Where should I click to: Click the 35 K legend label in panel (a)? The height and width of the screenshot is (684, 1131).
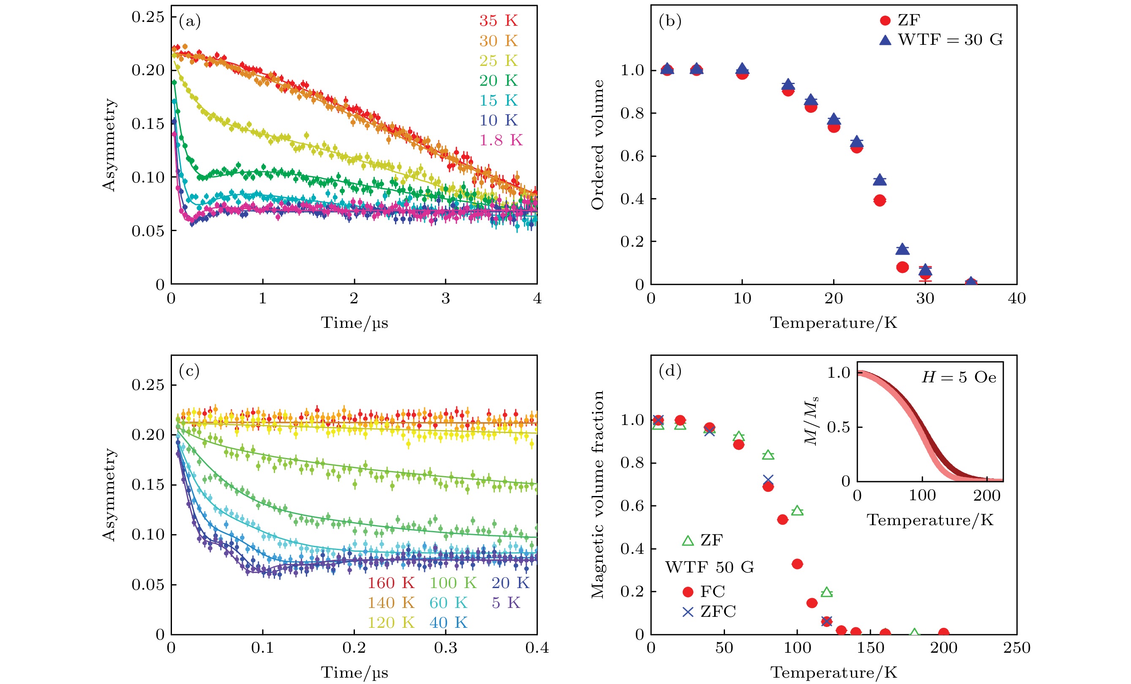(499, 21)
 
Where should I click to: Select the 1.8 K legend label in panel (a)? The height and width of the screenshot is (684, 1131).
(501, 140)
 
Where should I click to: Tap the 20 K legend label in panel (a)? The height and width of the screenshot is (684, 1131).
(499, 80)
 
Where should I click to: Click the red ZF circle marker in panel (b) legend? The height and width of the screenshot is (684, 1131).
(885, 21)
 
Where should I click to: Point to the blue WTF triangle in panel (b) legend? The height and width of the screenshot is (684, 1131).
(885, 40)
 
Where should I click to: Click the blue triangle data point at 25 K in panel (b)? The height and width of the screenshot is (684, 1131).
(880, 180)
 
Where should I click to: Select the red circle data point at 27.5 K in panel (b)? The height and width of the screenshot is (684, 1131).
(902, 267)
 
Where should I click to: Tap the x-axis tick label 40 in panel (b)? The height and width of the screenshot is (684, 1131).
(1017, 298)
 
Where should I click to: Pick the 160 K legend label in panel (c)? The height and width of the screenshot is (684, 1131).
(391, 583)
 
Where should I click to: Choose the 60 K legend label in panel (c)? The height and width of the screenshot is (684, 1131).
(448, 603)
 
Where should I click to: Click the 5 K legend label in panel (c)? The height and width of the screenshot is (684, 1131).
(506, 603)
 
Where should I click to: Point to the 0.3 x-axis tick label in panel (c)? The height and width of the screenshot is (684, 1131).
(445, 648)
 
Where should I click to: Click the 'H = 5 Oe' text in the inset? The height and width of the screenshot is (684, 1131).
(959, 377)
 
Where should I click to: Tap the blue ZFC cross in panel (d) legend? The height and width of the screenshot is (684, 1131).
(687, 612)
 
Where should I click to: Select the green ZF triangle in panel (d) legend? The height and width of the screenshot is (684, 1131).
(687, 540)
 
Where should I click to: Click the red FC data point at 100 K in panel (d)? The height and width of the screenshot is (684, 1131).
(797, 564)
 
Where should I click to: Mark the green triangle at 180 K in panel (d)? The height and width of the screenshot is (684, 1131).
(914, 633)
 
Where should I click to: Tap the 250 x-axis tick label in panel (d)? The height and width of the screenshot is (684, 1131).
(1017, 648)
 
